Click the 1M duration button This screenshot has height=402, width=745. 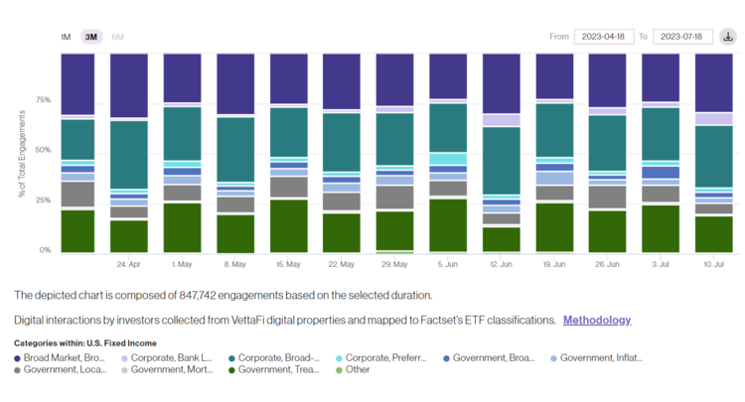coord(66,37)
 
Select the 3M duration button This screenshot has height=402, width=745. coord(91,37)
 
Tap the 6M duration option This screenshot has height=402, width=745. coord(118,37)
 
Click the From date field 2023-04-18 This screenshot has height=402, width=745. coord(603,37)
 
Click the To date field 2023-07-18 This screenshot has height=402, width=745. coord(684,37)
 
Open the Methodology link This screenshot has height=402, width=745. coord(596,320)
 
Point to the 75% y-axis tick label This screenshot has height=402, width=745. coord(43,100)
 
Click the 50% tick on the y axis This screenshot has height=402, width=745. coord(43,150)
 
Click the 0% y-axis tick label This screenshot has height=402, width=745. coord(45,250)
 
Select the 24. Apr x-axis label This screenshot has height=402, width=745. coord(128,265)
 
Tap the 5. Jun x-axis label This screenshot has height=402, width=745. coord(448,265)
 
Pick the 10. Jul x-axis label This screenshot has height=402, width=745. coord(714,265)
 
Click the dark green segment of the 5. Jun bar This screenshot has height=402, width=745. coord(448,225)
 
